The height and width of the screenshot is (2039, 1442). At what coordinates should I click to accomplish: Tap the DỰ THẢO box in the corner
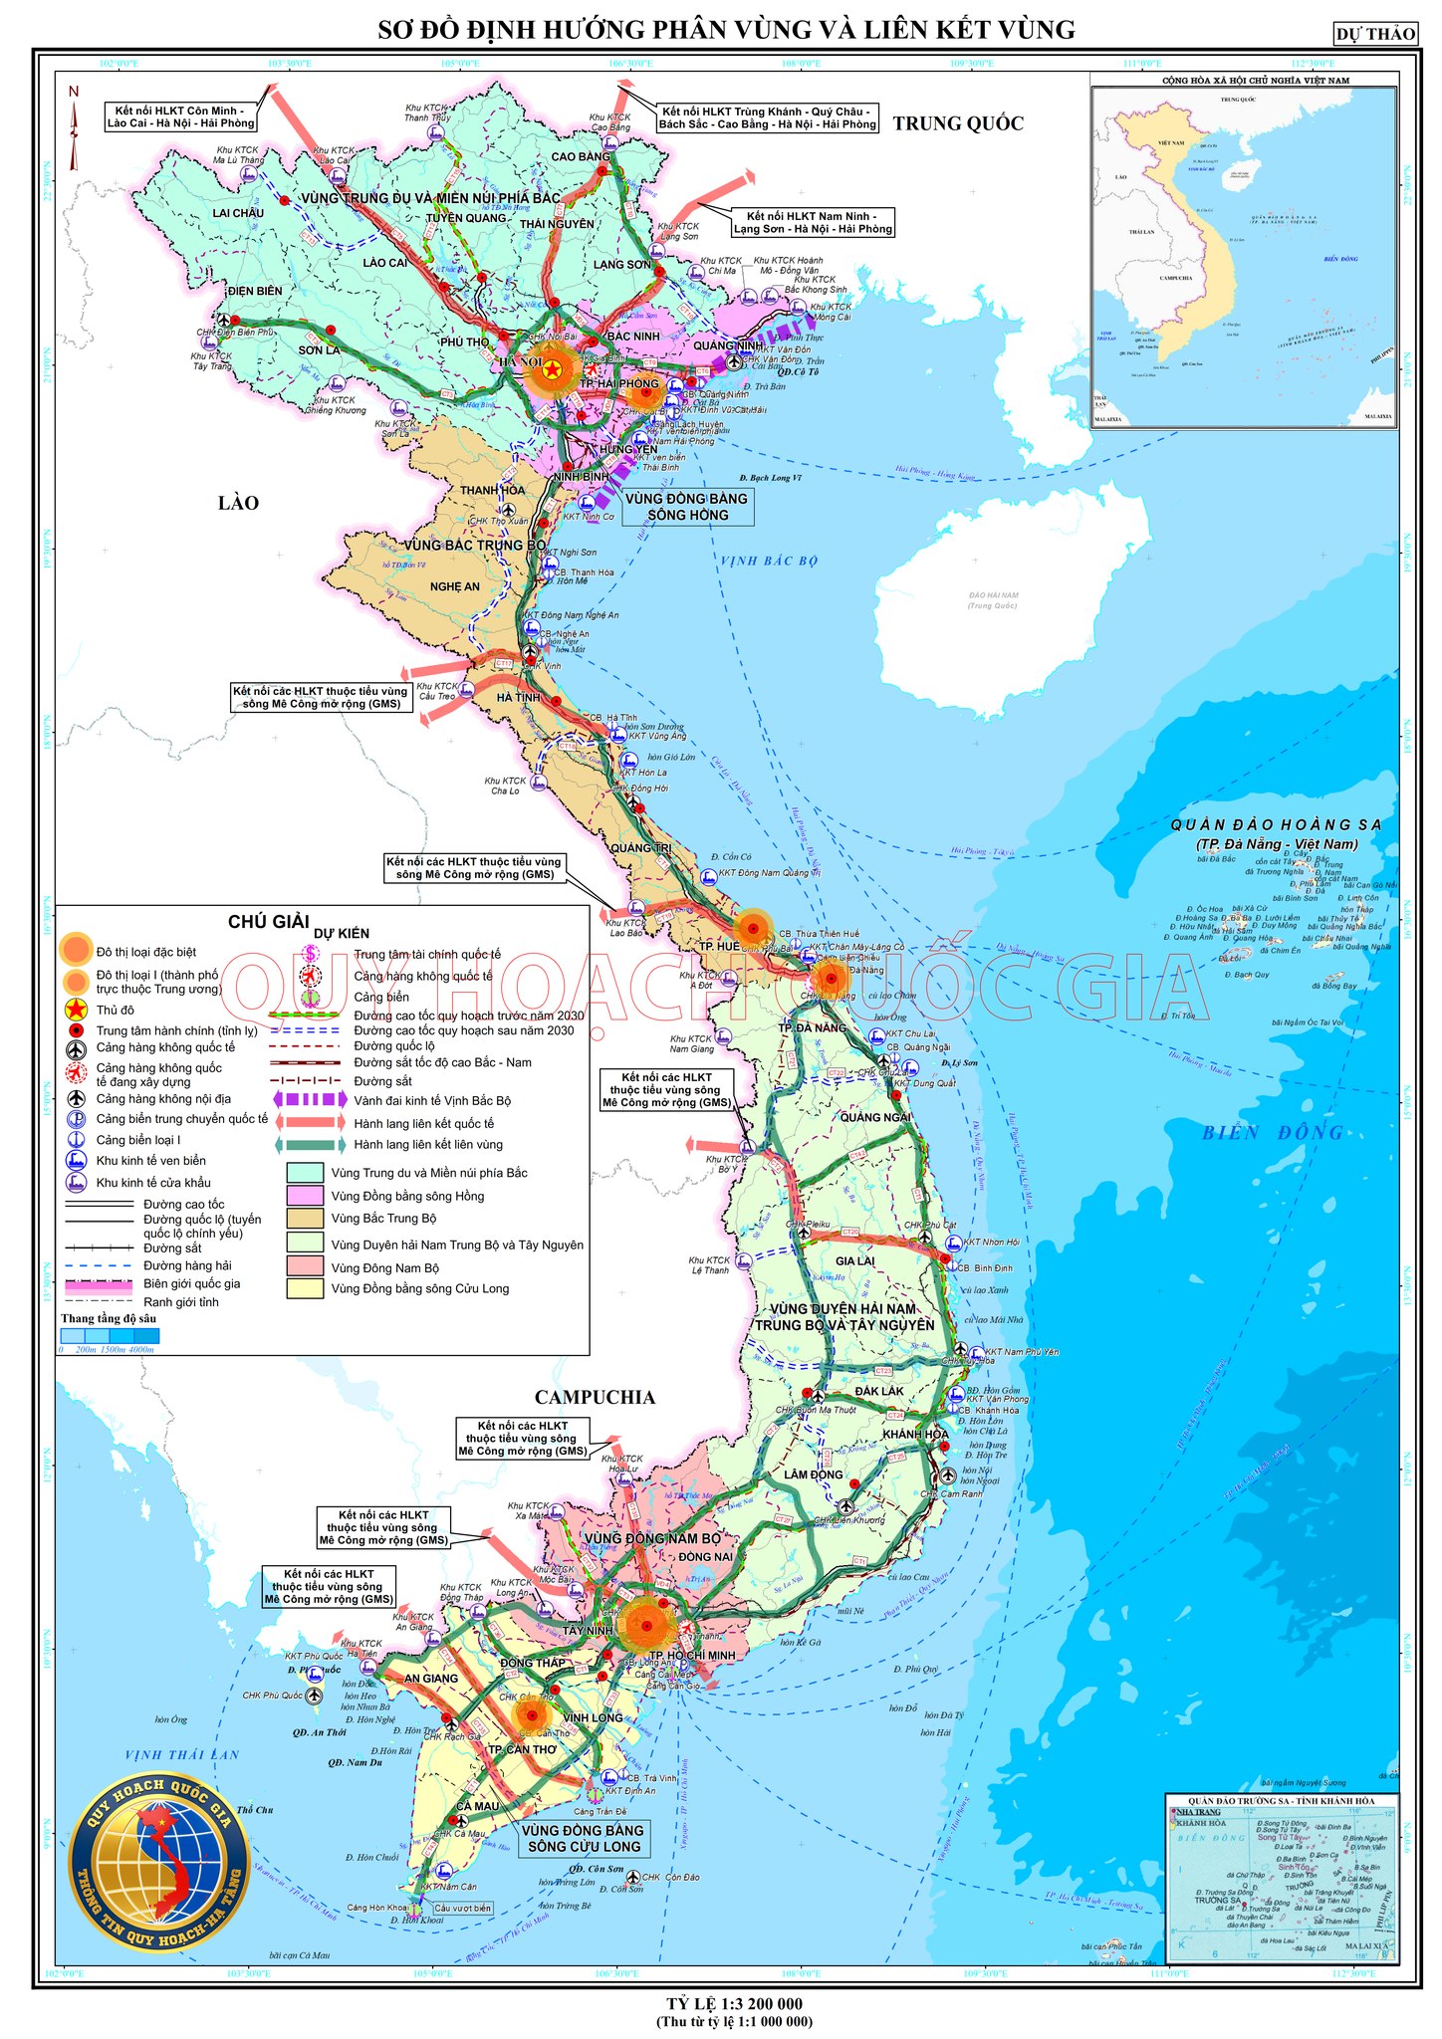(1375, 34)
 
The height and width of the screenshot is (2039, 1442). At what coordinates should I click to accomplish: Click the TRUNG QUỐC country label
(957, 123)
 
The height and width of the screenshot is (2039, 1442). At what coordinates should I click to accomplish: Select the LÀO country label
(238, 503)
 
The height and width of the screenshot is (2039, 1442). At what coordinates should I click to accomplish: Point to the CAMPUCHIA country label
(595, 1397)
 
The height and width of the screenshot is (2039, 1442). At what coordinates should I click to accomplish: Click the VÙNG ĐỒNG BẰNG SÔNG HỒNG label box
(687, 507)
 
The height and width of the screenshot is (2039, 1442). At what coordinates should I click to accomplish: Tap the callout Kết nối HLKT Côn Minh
(181, 117)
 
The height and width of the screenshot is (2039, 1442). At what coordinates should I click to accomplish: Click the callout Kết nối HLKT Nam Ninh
(813, 222)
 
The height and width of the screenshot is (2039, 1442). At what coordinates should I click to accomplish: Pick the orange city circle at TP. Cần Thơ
(532, 1714)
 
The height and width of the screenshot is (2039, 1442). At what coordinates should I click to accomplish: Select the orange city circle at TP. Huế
(754, 929)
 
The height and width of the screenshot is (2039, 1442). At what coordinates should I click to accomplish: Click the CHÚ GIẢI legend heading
(268, 922)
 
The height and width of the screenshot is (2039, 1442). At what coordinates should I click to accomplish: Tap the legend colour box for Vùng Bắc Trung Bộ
(305, 1218)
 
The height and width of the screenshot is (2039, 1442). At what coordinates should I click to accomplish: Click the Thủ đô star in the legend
(77, 1011)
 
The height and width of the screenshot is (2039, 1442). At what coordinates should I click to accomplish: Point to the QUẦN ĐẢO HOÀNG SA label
(1276, 825)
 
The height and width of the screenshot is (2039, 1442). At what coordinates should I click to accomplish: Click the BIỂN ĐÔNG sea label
(1272, 1133)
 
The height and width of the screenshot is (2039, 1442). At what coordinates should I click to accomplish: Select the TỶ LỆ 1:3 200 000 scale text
(734, 2003)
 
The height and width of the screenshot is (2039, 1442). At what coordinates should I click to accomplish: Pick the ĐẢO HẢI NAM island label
(993, 600)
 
